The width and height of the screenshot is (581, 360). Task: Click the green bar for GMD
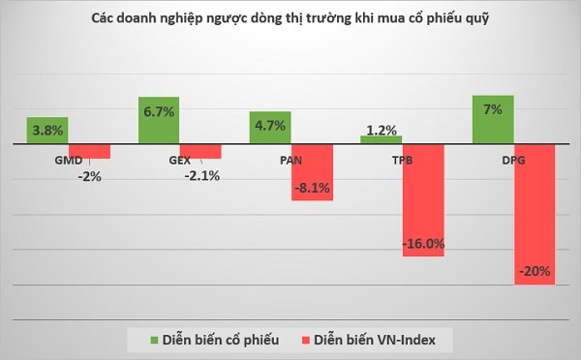point(47,131)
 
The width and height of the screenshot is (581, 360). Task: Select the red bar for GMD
point(90,151)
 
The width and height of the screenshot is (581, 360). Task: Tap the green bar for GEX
point(159,121)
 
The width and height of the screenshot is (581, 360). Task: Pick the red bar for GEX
point(200,151)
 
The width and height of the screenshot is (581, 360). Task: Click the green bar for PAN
point(270,128)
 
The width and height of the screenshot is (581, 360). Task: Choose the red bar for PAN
point(312,172)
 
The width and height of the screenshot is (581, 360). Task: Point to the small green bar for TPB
point(381,140)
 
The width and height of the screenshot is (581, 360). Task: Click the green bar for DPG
point(492,120)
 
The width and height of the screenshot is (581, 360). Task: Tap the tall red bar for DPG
point(534,214)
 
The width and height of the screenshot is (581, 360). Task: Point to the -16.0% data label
point(424,244)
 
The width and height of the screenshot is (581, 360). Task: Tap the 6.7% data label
point(159,112)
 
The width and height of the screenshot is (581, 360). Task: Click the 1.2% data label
point(382,128)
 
